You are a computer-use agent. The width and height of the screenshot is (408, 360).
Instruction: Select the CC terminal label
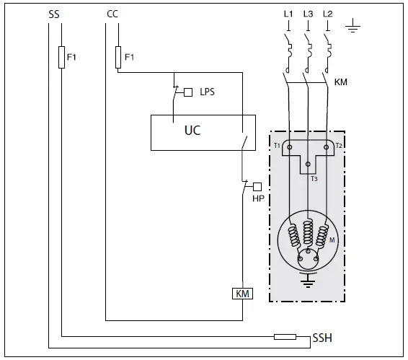112,14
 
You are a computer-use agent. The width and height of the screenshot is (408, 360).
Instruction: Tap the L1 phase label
288,14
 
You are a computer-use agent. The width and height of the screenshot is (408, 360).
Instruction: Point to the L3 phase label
309,14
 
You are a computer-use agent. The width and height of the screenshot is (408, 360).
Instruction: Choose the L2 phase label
328,14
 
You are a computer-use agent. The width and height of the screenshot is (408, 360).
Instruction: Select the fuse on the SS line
61,57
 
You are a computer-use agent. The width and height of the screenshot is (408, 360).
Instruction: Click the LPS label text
207,92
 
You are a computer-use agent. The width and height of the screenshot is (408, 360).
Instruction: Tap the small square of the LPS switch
189,92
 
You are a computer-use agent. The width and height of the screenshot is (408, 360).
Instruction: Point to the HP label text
257,198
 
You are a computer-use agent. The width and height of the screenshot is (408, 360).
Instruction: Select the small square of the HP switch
257,186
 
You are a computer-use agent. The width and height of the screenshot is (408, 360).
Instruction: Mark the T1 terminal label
277,146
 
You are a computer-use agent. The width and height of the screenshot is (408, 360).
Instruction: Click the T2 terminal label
338,146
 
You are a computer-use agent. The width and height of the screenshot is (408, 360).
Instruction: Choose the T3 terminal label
314,178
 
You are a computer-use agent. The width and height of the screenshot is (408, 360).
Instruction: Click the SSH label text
322,338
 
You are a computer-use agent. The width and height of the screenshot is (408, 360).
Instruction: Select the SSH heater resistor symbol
285,336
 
